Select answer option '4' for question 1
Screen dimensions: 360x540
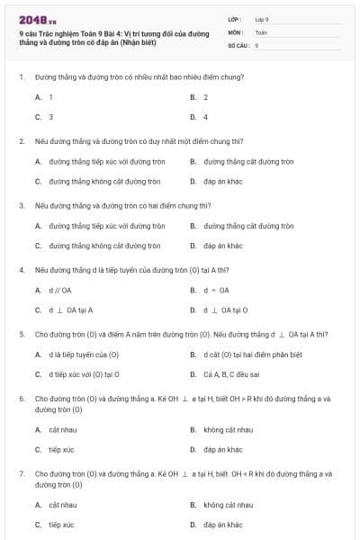205,117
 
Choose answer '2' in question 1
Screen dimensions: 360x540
205,96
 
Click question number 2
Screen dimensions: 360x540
21,141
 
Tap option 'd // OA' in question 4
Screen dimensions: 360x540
60,290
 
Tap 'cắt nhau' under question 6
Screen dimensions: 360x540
63,429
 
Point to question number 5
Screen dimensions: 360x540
21,334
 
